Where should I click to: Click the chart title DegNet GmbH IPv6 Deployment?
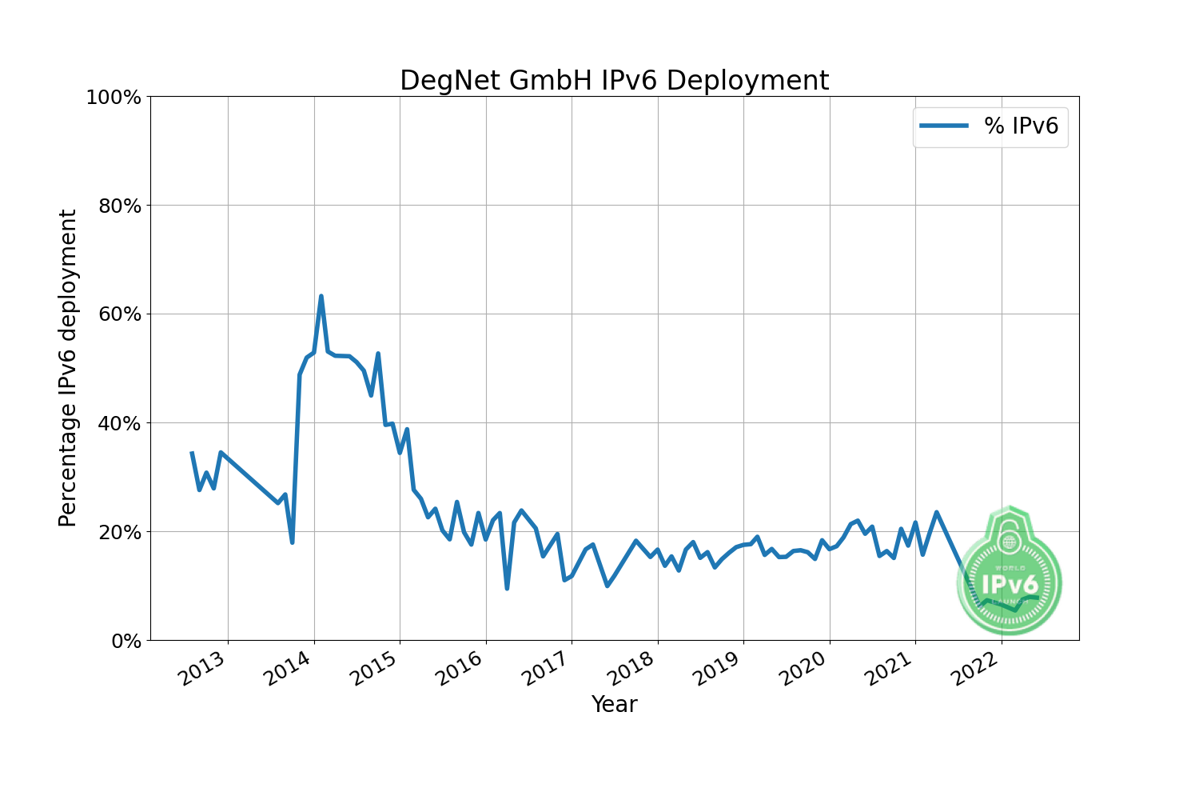tap(614, 81)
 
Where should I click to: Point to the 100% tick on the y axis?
tap(114, 98)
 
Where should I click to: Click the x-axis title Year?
tap(614, 705)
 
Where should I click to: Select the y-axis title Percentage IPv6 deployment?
tap(69, 368)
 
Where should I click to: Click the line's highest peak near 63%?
tap(321, 296)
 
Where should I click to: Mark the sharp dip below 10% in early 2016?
tap(507, 588)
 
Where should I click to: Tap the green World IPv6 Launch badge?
tap(1010, 570)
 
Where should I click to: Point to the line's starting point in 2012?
tap(192, 453)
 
